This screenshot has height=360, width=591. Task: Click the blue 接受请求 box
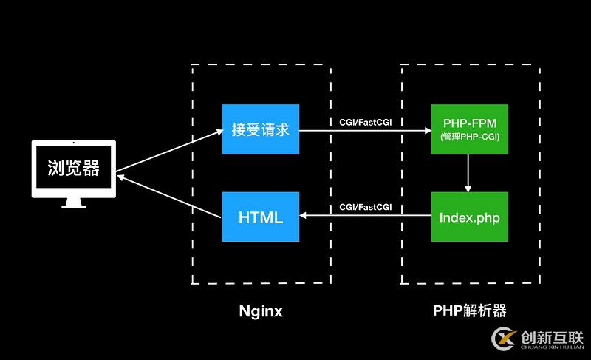tap(261, 129)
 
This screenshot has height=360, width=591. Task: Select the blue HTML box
tap(261, 217)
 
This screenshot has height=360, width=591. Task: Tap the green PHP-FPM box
tap(470, 129)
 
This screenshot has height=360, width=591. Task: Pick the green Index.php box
tap(470, 217)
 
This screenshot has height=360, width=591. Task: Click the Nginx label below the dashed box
tap(261, 311)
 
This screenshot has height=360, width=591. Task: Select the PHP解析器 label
tap(470, 311)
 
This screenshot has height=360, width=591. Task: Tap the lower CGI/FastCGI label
tap(366, 208)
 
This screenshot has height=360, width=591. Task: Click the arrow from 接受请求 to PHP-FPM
tap(366, 131)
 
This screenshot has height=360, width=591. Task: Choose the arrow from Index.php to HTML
tap(366, 216)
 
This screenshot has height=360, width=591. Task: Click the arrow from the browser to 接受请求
tap(170, 150)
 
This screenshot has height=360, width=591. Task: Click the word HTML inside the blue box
tap(261, 217)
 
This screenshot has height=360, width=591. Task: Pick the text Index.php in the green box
tap(470, 217)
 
